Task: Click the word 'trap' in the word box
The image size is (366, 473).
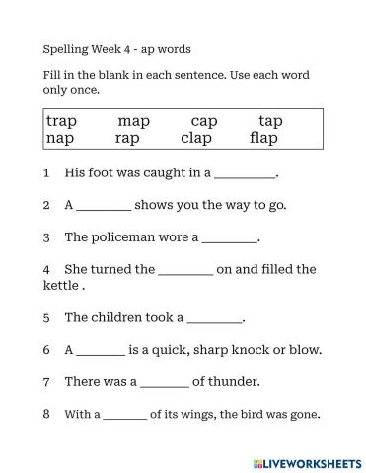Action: coord(61,122)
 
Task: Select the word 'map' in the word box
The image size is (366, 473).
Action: coord(133,122)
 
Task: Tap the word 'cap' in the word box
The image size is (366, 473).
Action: coord(204,122)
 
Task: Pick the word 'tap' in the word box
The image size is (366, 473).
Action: coord(270,122)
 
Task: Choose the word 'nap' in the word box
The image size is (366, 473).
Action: coord(60,139)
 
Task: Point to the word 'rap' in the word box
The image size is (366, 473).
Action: coord(127,139)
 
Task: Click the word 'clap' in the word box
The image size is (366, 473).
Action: coord(196,139)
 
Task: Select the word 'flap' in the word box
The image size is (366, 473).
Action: coord(263,139)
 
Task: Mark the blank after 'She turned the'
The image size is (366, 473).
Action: coord(185,270)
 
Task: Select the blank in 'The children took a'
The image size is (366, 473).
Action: coord(214,319)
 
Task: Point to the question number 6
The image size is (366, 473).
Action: coord(46,350)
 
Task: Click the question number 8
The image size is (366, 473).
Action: coord(46,414)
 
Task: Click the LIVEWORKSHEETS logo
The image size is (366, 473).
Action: coord(307,461)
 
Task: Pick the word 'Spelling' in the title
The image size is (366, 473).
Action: coord(65,48)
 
